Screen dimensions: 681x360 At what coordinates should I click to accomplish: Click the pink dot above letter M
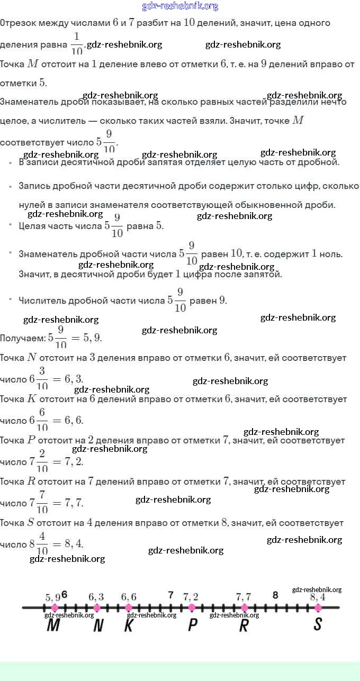coord(55,608)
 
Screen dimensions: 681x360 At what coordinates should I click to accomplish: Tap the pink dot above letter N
coord(96,608)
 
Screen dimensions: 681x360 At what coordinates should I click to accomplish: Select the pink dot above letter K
coord(128,608)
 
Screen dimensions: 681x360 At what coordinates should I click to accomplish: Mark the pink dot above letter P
coord(192,608)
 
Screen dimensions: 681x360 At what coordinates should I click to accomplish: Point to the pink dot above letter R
coord(244,608)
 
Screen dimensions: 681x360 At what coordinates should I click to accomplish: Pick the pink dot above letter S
coord(318,608)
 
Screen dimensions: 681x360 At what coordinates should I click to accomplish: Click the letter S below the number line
coord(318,624)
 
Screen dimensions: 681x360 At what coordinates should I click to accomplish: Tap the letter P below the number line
coord(193,625)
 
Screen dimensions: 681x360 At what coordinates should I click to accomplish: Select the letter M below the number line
coord(53,625)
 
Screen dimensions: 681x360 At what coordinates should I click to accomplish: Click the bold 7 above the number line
coord(170,595)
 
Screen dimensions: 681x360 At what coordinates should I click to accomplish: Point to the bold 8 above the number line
coord(275,595)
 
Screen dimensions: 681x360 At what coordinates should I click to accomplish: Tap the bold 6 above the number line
coord(65,594)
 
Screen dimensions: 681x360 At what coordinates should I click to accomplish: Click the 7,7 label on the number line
coord(244,597)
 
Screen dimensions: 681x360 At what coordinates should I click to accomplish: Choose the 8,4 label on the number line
coord(318,597)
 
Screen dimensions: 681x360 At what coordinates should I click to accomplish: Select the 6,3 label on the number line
coord(96,597)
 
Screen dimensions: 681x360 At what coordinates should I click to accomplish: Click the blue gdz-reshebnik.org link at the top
coord(180,6)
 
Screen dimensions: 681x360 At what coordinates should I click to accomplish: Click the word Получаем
coord(23,338)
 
